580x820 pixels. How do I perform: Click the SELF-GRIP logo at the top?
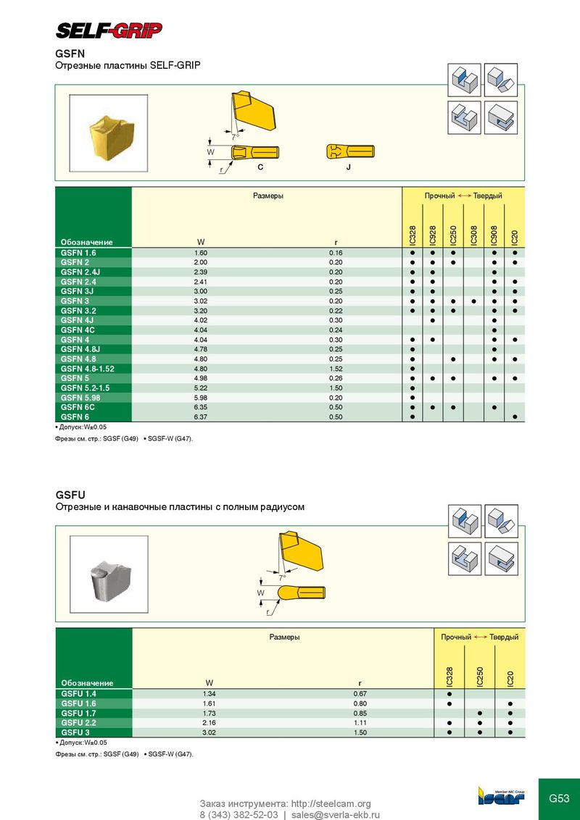point(109,30)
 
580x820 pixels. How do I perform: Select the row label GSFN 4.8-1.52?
point(88,369)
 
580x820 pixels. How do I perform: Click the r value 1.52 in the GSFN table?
point(336,369)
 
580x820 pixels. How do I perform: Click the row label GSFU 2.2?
point(79,723)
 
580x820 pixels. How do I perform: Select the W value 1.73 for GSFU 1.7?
point(209,714)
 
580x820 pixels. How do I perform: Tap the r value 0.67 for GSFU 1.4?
point(360,694)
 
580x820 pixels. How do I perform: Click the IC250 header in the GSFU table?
point(480,677)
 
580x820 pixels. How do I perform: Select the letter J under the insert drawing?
point(348,167)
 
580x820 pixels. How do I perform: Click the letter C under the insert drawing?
point(260,167)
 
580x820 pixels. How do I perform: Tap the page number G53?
point(559,799)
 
